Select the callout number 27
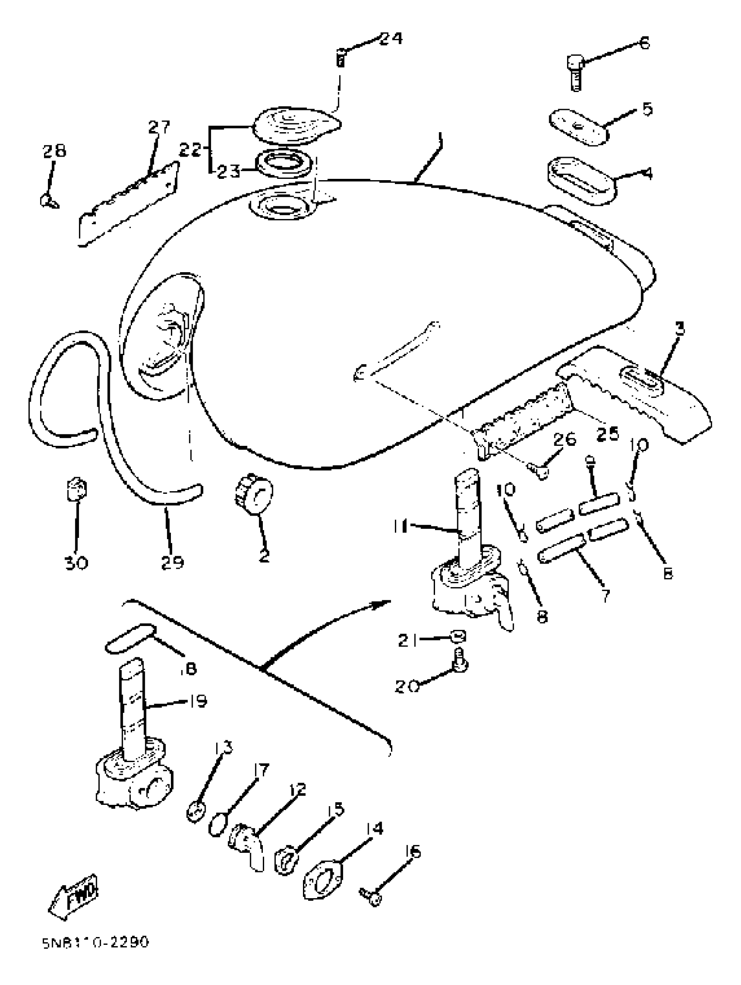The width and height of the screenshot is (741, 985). click(159, 127)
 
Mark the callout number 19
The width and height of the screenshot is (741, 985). click(196, 702)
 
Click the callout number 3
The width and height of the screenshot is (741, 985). click(679, 329)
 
